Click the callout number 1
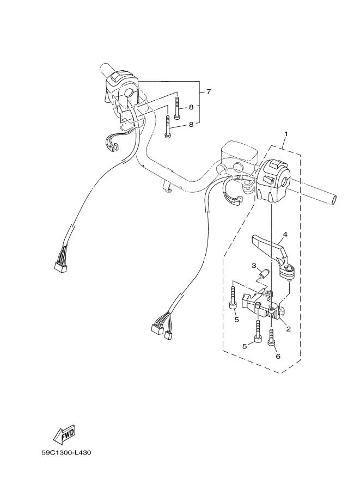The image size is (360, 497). click(x=285, y=133)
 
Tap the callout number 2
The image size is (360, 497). click(x=288, y=329)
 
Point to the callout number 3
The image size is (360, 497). click(x=253, y=265)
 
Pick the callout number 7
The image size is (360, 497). click(x=208, y=91)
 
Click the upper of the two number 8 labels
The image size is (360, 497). click(x=191, y=108)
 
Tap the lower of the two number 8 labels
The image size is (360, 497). click(x=191, y=125)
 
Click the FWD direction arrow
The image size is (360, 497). click(x=63, y=434)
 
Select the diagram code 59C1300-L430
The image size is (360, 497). click(x=66, y=452)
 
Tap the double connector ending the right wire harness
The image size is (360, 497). click(x=160, y=330)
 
